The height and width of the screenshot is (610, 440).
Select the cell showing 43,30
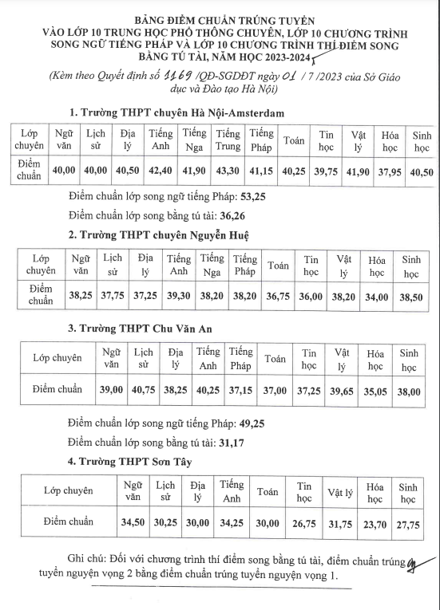tap(228, 170)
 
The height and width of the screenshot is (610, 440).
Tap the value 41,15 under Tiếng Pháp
tap(261, 170)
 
